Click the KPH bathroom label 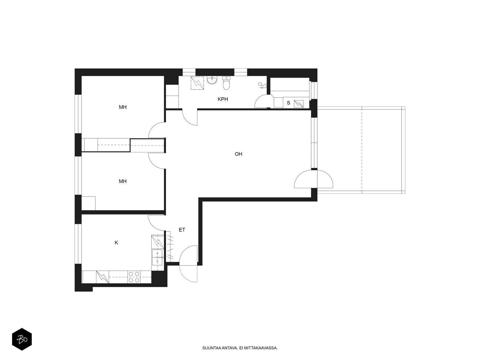pyautogui.click(x=223, y=99)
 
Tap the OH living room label pyautogui.click(x=238, y=154)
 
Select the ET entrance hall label pyautogui.click(x=182, y=230)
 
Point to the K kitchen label pyautogui.click(x=116, y=243)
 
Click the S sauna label pyautogui.click(x=288, y=103)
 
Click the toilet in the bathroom pyautogui.click(x=226, y=83)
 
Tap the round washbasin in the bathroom pyautogui.click(x=212, y=80)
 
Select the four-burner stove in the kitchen pyautogui.click(x=134, y=277)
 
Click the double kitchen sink pyautogui.click(x=157, y=257)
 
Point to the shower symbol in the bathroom pyautogui.click(x=197, y=83)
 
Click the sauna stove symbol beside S pyautogui.click(x=299, y=104)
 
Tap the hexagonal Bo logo pyautogui.click(x=22, y=339)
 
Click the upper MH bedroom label pyautogui.click(x=123, y=107)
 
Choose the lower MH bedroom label pyautogui.click(x=123, y=181)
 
